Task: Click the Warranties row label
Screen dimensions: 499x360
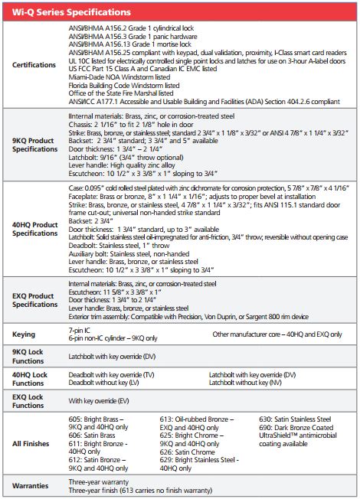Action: [31, 486]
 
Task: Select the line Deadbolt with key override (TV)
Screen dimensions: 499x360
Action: [111, 374]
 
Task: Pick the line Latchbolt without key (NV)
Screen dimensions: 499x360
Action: [248, 382]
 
